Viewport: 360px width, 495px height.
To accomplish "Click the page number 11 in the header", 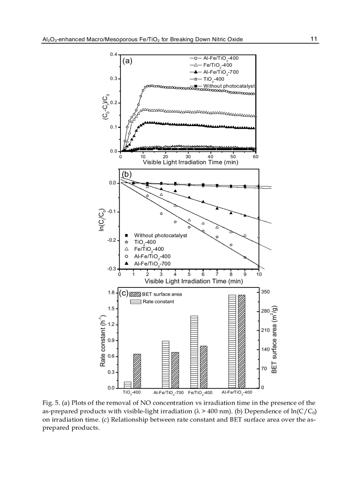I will point(314,39).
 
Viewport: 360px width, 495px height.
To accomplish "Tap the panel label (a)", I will point(127,61).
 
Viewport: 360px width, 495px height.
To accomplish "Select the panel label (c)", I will point(124,293).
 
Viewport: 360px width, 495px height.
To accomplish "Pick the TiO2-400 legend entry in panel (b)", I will point(145,242).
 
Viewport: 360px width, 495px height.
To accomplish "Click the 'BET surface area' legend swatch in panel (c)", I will point(135,294).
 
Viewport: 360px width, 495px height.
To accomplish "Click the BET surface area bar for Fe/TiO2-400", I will point(203,367).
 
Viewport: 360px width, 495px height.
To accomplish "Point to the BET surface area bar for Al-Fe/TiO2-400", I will point(241,341).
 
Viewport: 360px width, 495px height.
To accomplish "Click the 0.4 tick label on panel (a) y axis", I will point(113,54).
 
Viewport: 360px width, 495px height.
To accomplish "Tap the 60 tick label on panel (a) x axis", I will point(255,156).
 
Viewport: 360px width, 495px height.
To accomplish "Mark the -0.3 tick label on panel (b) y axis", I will point(112,268).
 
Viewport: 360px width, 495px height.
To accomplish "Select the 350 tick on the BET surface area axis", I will point(265,292).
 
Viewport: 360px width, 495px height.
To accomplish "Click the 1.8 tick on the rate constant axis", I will point(111,292).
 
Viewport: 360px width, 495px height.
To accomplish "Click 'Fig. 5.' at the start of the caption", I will point(50,403).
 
